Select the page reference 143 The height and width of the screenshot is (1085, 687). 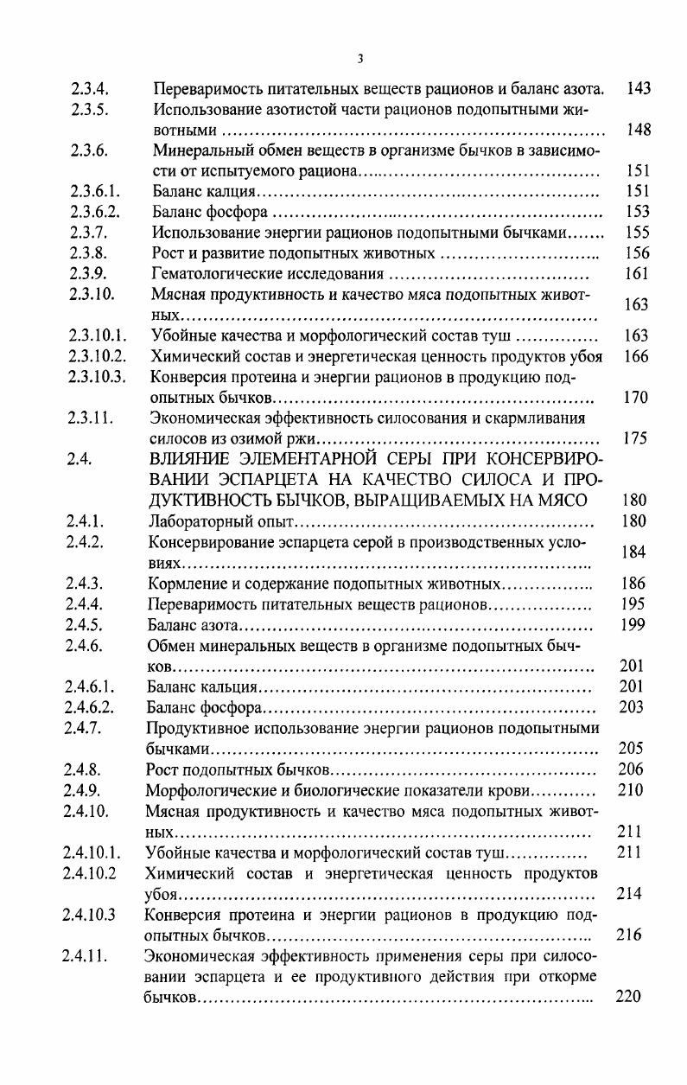[639, 88]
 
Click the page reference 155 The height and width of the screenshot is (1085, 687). [636, 233]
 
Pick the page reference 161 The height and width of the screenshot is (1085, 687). [636, 274]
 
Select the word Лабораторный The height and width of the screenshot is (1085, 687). [194, 521]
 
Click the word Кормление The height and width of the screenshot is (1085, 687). [183, 584]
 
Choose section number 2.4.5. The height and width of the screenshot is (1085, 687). [84, 625]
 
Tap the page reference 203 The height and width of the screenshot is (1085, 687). [633, 707]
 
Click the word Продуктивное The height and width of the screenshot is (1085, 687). [196, 728]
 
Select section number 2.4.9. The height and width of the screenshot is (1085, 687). [83, 790]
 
